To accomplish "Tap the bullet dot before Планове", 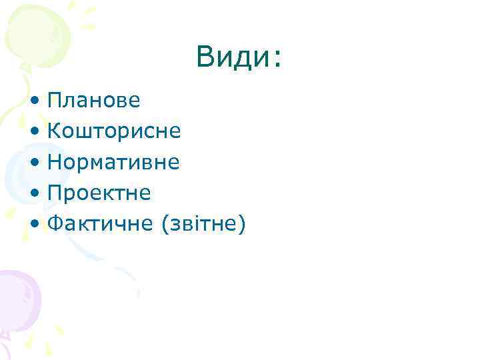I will pyautogui.click(x=34, y=101).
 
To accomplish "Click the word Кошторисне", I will pyautogui.click(x=114, y=131).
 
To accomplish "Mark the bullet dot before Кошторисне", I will pyautogui.click(x=34, y=132).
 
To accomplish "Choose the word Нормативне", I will pyautogui.click(x=114, y=162).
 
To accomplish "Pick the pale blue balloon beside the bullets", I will pyautogui.click(x=17, y=175).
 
